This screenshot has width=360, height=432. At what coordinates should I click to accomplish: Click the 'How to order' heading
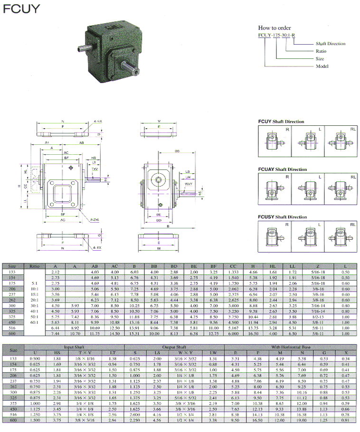(x=275, y=28)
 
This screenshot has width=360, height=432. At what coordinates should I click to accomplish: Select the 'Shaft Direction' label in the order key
(x=331, y=44)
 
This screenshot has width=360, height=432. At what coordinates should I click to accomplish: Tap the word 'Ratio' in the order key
(x=321, y=51)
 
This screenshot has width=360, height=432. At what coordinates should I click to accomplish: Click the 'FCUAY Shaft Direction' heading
(x=282, y=169)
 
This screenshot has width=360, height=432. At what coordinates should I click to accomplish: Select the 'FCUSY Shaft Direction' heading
(x=282, y=217)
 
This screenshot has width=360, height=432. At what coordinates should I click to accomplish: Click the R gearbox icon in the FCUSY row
(x=269, y=236)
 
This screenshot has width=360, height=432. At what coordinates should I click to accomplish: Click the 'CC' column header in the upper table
(x=233, y=266)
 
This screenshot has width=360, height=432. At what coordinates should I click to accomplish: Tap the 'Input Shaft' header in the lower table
(x=76, y=347)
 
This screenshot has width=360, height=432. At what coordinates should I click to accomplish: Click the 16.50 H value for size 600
(x=255, y=334)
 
